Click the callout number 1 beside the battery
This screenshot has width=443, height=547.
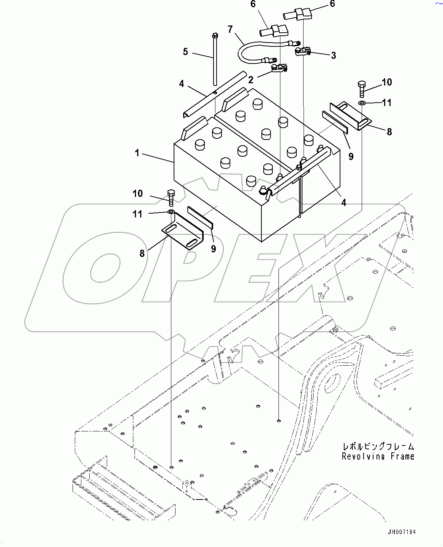[x=137, y=153]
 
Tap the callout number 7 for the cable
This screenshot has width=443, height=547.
[x=230, y=29]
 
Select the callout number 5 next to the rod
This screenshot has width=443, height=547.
[x=185, y=51]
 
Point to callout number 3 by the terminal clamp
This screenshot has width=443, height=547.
[x=333, y=55]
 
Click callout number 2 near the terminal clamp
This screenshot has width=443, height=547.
[x=251, y=79]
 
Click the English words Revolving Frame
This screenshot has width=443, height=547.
[x=378, y=457]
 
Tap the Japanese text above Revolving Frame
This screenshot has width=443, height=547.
[x=378, y=447]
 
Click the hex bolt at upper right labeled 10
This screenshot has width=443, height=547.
[x=361, y=88]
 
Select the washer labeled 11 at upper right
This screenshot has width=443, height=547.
[x=362, y=103]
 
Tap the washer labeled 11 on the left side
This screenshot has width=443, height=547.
[x=171, y=211]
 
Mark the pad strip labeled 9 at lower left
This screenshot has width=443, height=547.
[x=200, y=217]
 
